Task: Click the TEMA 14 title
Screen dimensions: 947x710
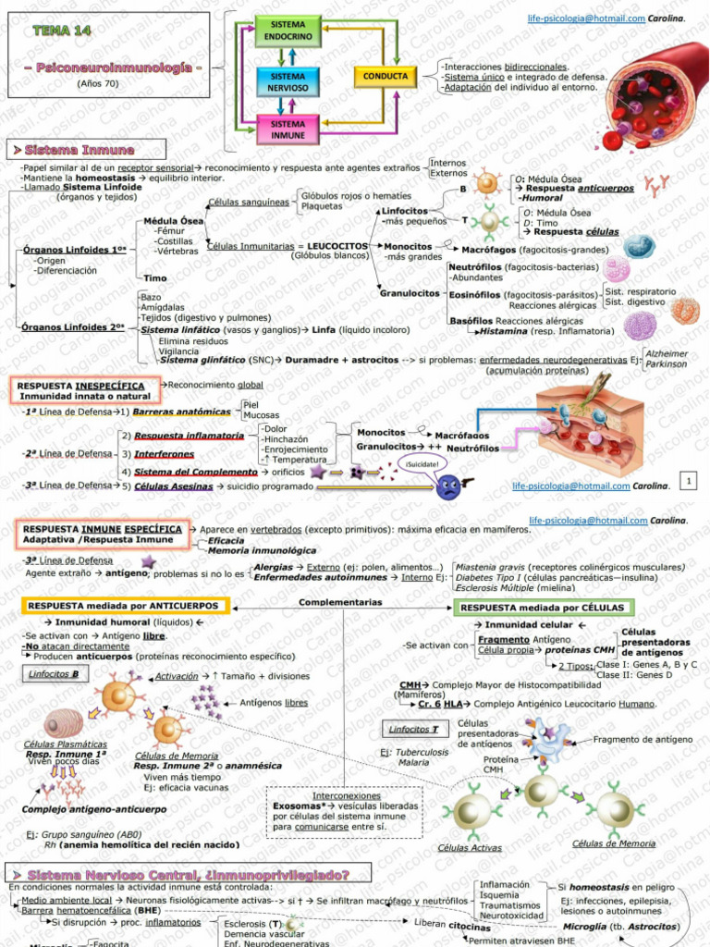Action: coord(62,31)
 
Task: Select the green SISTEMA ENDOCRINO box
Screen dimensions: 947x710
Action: coord(288,30)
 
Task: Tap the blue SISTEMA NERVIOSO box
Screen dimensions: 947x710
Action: coord(288,81)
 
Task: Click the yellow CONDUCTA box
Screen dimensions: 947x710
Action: coord(385,76)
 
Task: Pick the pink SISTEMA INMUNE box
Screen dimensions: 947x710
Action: coord(288,129)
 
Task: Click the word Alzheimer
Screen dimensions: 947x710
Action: coord(666,353)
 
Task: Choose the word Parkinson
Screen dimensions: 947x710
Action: coord(667,364)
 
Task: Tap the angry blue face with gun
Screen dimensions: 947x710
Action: coord(450,486)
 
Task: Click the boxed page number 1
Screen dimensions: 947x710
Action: coord(689,480)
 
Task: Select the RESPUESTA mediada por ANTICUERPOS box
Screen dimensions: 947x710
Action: coord(123,606)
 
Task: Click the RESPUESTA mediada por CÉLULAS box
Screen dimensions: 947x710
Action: coord(545,608)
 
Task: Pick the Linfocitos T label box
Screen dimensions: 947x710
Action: coord(408,730)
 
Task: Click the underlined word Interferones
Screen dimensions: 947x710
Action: coord(164,454)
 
